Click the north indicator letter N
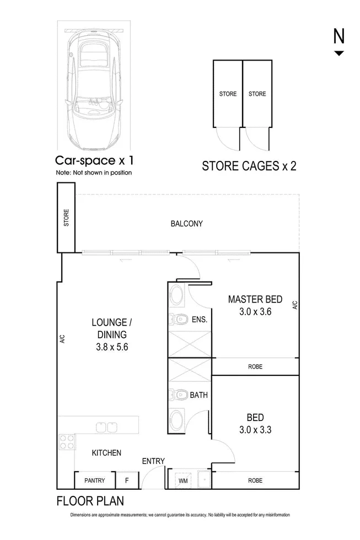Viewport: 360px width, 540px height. [x=338, y=36]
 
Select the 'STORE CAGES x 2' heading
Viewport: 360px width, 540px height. [x=249, y=166]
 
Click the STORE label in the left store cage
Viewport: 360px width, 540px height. [x=228, y=94]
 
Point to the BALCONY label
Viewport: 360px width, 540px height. [x=186, y=224]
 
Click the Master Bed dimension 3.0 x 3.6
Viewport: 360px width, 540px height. [x=255, y=311]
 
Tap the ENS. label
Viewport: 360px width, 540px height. [x=198, y=319]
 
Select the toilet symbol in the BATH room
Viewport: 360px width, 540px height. [x=178, y=395]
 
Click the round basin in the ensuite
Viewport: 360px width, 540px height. [x=178, y=295]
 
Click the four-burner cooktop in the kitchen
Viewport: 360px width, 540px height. [x=67, y=442]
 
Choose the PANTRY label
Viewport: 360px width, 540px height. [x=94, y=480]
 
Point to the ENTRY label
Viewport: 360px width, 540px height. [x=153, y=461]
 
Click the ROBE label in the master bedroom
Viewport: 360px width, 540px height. [x=255, y=366]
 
